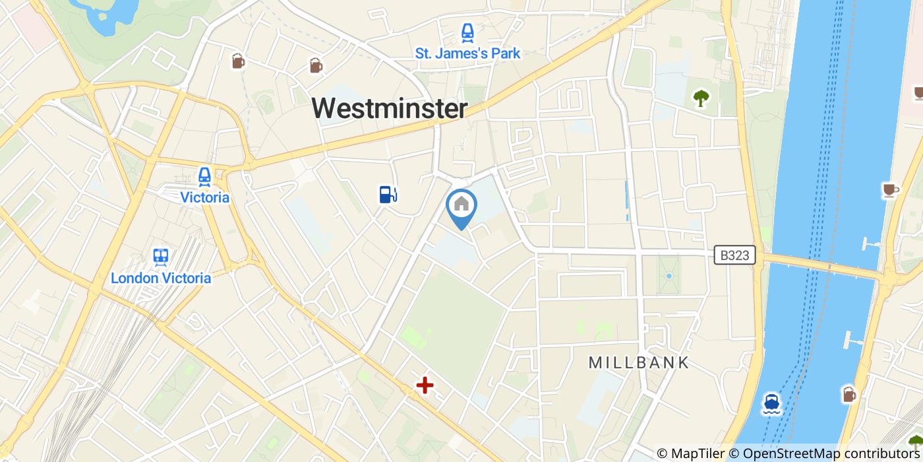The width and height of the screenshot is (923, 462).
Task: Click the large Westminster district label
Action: tap(389, 108)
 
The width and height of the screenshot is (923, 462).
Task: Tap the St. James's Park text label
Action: tap(467, 53)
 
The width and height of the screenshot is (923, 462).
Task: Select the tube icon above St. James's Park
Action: tap(467, 32)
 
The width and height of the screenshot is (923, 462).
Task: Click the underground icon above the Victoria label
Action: tap(204, 176)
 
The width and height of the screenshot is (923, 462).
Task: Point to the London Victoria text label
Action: tap(161, 278)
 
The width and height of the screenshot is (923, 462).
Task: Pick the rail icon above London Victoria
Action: tap(160, 256)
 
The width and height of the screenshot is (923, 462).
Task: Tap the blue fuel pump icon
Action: tap(388, 194)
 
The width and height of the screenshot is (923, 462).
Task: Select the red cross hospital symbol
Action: tap(425, 385)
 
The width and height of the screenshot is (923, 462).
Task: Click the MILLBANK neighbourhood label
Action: tap(638, 362)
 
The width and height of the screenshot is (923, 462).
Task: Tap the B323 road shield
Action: tap(734, 255)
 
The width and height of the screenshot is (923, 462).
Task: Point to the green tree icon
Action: tap(701, 98)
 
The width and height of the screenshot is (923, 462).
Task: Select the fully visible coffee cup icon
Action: tap(891, 190)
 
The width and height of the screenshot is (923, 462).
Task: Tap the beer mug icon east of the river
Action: tap(849, 394)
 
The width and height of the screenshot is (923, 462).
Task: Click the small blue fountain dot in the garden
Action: tap(669, 276)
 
